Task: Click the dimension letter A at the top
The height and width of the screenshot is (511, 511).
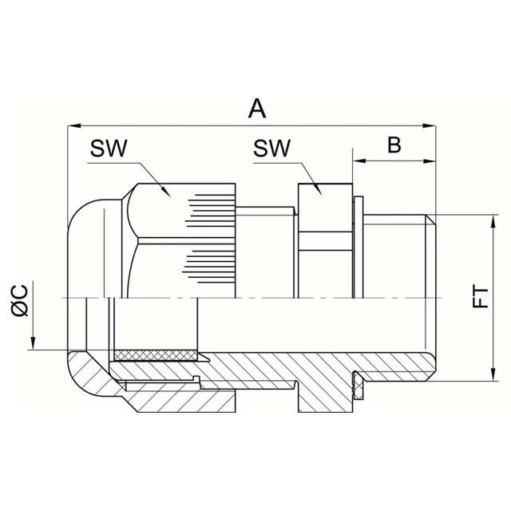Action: tap(256, 108)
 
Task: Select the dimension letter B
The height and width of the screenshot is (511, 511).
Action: tap(394, 145)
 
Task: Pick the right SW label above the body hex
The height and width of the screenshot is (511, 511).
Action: tap(272, 149)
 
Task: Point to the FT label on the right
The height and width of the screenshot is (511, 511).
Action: tap(479, 299)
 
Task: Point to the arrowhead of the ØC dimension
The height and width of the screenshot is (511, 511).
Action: tap(33, 345)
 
